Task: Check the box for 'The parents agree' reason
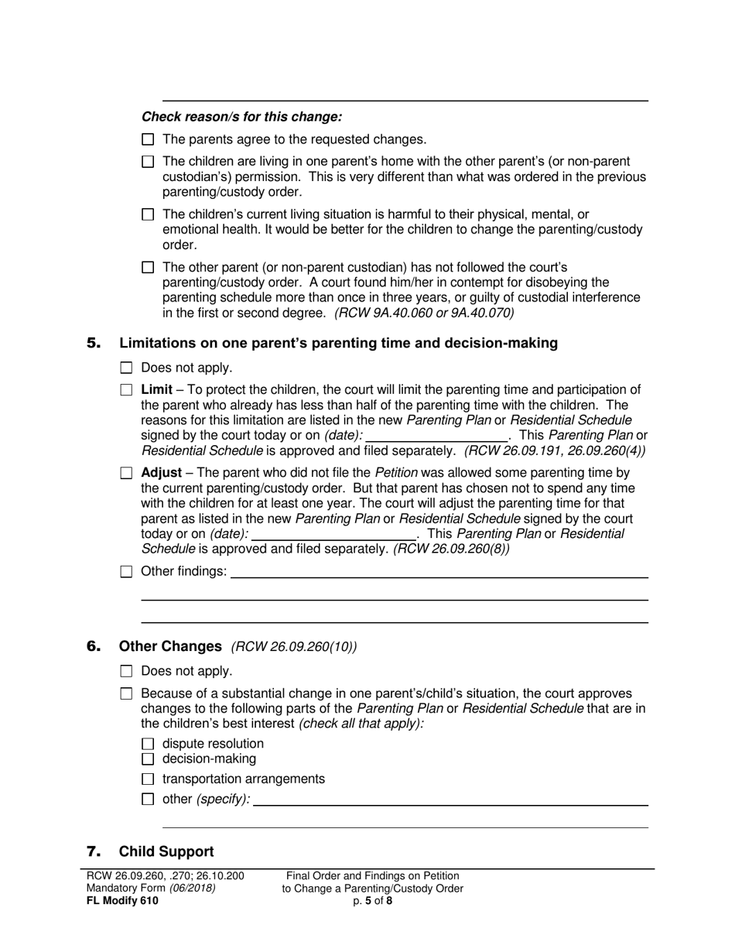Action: [x=149, y=140]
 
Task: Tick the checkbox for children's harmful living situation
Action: [x=149, y=214]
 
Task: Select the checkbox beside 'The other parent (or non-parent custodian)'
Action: [x=149, y=267]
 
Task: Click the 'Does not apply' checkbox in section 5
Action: [x=127, y=368]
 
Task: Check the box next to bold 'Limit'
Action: [x=127, y=390]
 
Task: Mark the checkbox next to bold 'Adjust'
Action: [x=127, y=473]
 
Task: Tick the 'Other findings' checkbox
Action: [x=127, y=572]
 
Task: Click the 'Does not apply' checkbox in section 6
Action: [x=127, y=672]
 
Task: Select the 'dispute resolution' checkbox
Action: [x=149, y=745]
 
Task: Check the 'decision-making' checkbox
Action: [x=149, y=759]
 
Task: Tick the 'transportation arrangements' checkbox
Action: [x=149, y=779]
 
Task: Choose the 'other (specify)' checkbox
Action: [x=149, y=800]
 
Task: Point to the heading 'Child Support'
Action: [x=166, y=852]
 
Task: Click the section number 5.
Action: [x=94, y=343]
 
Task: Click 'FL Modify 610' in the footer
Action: [x=122, y=901]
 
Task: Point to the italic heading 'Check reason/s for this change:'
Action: [x=241, y=118]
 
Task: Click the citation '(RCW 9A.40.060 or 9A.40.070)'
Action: [x=424, y=313]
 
